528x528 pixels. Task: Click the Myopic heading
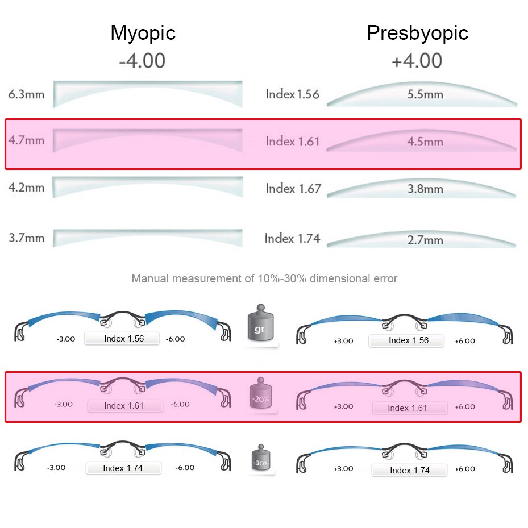[x=143, y=33]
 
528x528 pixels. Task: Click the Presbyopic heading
[x=417, y=33]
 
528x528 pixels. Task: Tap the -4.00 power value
[x=142, y=60]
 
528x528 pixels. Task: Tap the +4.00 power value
[x=417, y=60]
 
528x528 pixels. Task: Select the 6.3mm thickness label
[x=26, y=94]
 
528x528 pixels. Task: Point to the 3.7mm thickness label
[x=26, y=238]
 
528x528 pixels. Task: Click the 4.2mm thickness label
[x=26, y=188]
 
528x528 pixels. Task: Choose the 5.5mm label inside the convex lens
[x=425, y=94]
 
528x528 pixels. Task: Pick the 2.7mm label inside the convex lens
[x=425, y=240]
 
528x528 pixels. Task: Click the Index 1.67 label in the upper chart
[x=293, y=188]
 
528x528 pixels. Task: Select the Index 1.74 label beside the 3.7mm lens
[x=292, y=239]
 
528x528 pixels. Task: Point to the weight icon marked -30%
[x=261, y=459]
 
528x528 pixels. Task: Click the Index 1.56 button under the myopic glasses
[x=123, y=339]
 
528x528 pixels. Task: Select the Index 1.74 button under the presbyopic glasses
[x=409, y=471]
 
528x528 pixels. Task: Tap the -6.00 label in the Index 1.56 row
[x=175, y=339]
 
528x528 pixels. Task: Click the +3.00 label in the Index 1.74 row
[x=343, y=469]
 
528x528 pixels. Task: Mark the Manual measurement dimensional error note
[x=264, y=278]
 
